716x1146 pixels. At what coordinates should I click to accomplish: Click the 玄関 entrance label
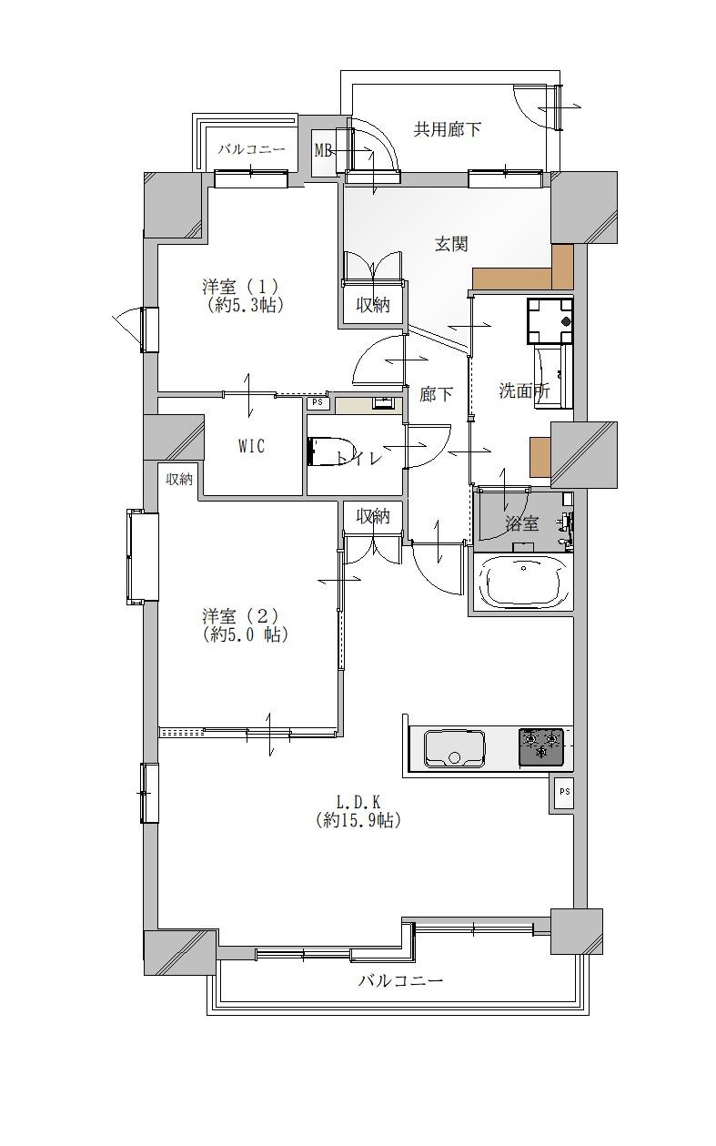451,244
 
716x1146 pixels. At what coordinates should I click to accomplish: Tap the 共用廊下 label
447,129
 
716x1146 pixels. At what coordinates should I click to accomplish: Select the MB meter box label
323,150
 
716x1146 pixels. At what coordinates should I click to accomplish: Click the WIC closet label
252,446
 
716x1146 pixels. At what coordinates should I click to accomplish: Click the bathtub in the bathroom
523,582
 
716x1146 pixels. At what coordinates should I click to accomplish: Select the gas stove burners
541,746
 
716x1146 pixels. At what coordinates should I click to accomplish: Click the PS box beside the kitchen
564,791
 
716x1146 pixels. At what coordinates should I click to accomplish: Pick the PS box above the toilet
318,402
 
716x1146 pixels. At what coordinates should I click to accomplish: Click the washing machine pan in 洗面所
550,320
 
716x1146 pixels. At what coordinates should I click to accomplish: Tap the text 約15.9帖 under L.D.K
358,821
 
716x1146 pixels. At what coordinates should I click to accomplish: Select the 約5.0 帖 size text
246,635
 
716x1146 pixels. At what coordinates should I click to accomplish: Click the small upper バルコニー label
251,150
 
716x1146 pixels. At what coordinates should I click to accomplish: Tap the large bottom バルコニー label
400,980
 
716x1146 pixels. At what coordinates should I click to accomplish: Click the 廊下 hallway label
436,394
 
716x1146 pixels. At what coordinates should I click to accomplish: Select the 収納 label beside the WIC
179,480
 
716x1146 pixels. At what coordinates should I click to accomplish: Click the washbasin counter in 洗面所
553,376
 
